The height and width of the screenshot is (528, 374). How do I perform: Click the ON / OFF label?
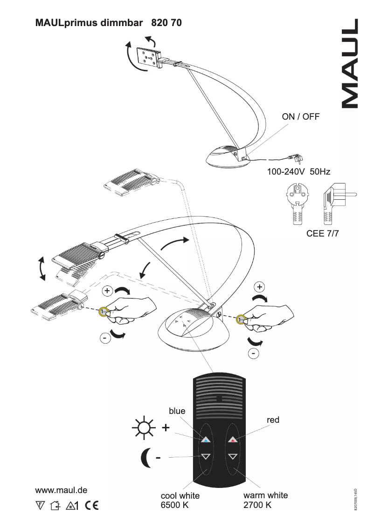301,117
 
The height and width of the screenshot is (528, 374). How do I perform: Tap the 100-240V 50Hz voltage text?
298,172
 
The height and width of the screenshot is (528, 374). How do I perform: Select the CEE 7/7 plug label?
322,234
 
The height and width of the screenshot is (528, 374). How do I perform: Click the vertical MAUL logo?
351,63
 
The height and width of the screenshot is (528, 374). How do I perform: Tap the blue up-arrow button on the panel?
206,439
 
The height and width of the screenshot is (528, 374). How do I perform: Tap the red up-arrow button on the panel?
233,439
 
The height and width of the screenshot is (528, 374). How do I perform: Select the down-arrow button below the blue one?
206,456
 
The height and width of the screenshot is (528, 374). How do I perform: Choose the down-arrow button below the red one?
233,456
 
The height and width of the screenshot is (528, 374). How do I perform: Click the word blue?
177,411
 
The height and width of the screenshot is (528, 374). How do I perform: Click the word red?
273,420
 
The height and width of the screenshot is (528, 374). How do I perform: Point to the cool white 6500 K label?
180,501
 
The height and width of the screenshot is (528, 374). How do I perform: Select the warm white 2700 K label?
265,500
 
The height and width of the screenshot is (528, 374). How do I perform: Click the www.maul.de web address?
62,490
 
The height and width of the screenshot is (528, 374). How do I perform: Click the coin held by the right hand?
241,320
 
